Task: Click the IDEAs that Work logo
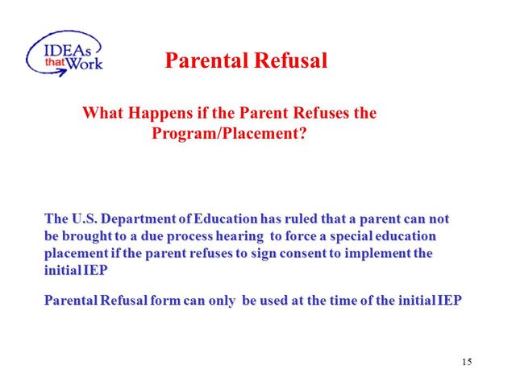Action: point(64,52)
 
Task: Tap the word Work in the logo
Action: point(85,63)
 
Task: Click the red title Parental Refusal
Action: point(246,61)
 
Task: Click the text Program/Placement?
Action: point(229,134)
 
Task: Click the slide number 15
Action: point(467,362)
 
